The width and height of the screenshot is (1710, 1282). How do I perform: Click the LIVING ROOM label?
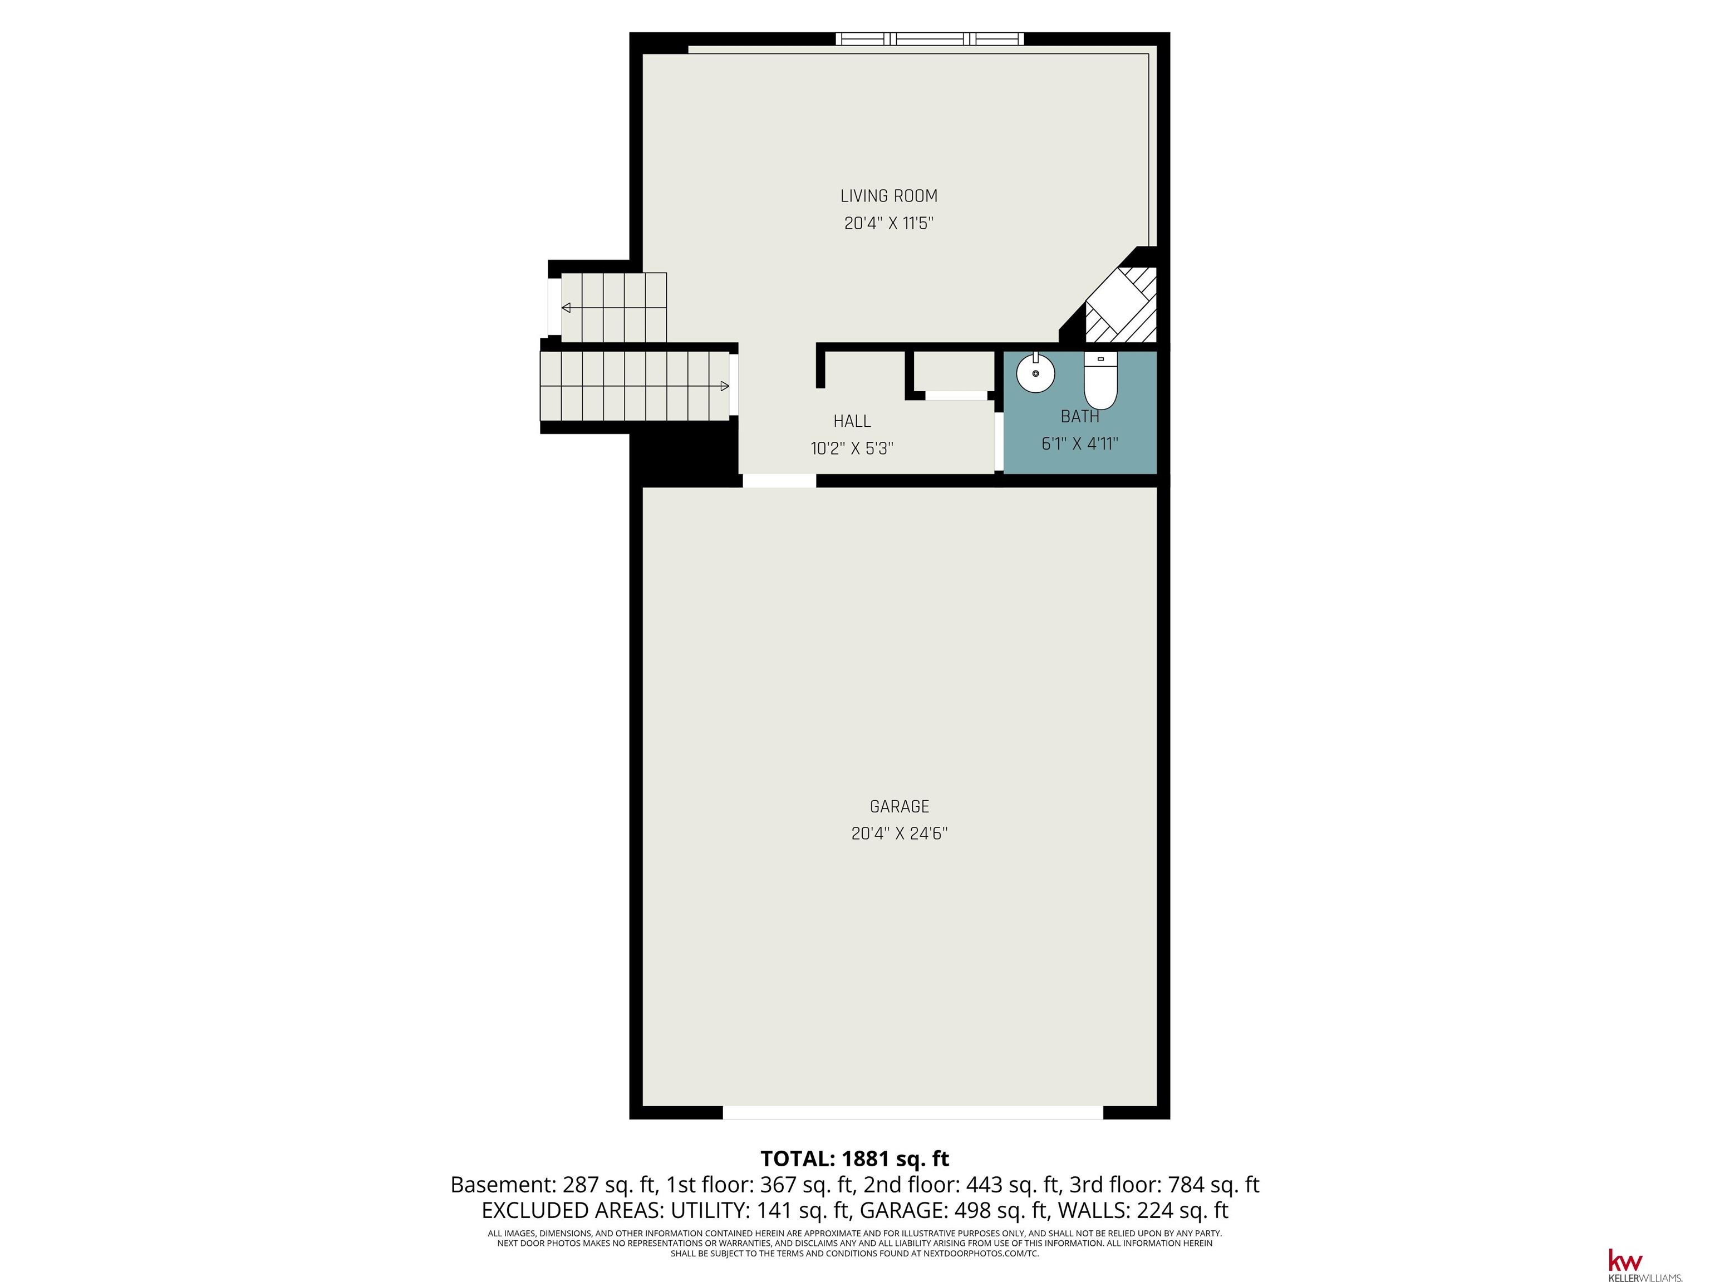coord(888,196)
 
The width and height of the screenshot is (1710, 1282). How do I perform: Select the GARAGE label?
coord(899,807)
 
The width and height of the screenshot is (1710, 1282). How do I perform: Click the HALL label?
coord(852,421)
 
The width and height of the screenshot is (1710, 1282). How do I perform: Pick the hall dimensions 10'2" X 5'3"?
coord(852,448)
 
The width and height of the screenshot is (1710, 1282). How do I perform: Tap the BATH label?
coord(1079,417)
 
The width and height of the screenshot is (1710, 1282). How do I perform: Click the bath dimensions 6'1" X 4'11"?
coord(1079,443)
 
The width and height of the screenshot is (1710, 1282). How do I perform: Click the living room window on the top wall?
coord(930,38)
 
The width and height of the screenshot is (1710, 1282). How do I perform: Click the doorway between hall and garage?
coord(779,481)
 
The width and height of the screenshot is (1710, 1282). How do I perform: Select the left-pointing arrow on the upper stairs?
coord(567,308)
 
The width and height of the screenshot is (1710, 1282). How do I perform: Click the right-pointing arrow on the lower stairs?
coord(724,386)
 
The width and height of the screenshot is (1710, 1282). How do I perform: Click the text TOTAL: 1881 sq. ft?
coord(854,1158)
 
